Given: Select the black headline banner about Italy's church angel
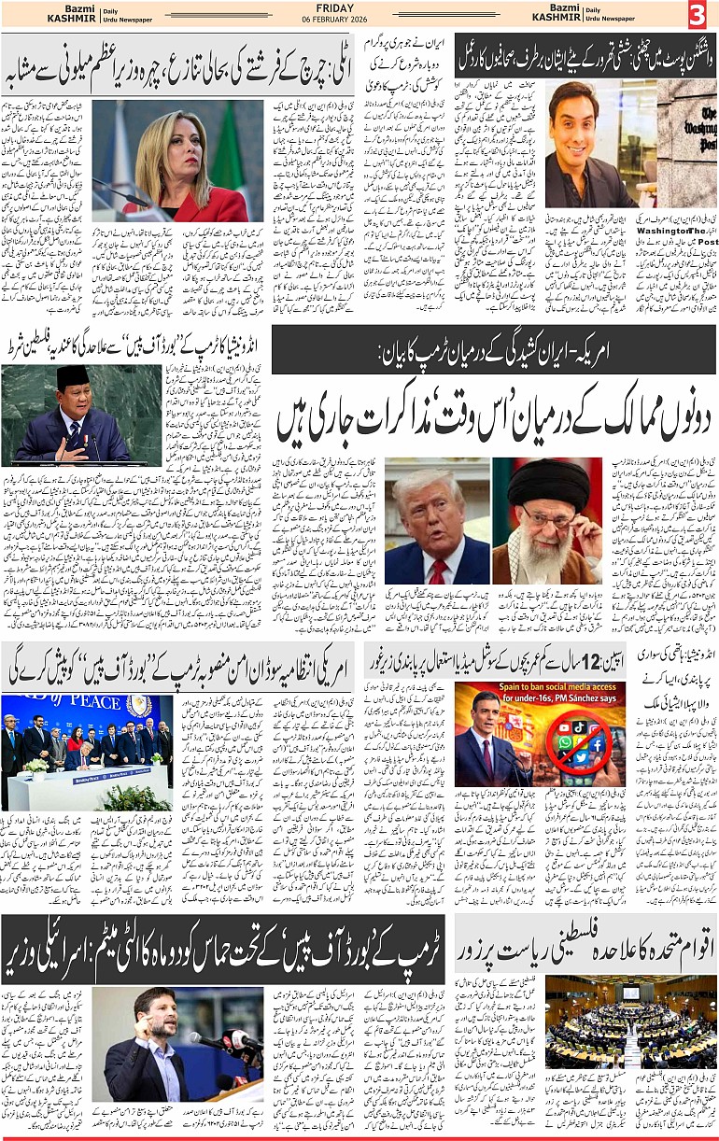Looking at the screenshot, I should pos(177,66).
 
